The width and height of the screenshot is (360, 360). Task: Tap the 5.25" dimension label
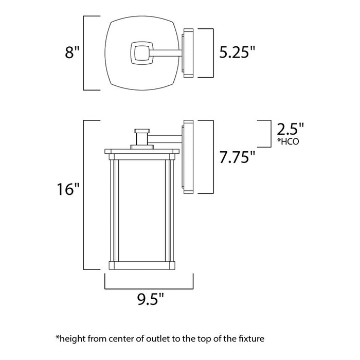tap(237, 52)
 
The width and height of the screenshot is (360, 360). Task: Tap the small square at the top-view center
tap(139, 52)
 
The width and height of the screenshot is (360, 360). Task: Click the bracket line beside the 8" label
tap(85, 53)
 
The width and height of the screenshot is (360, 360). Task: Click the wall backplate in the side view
tap(188, 157)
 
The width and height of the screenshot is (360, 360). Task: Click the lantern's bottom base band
tap(142, 265)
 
